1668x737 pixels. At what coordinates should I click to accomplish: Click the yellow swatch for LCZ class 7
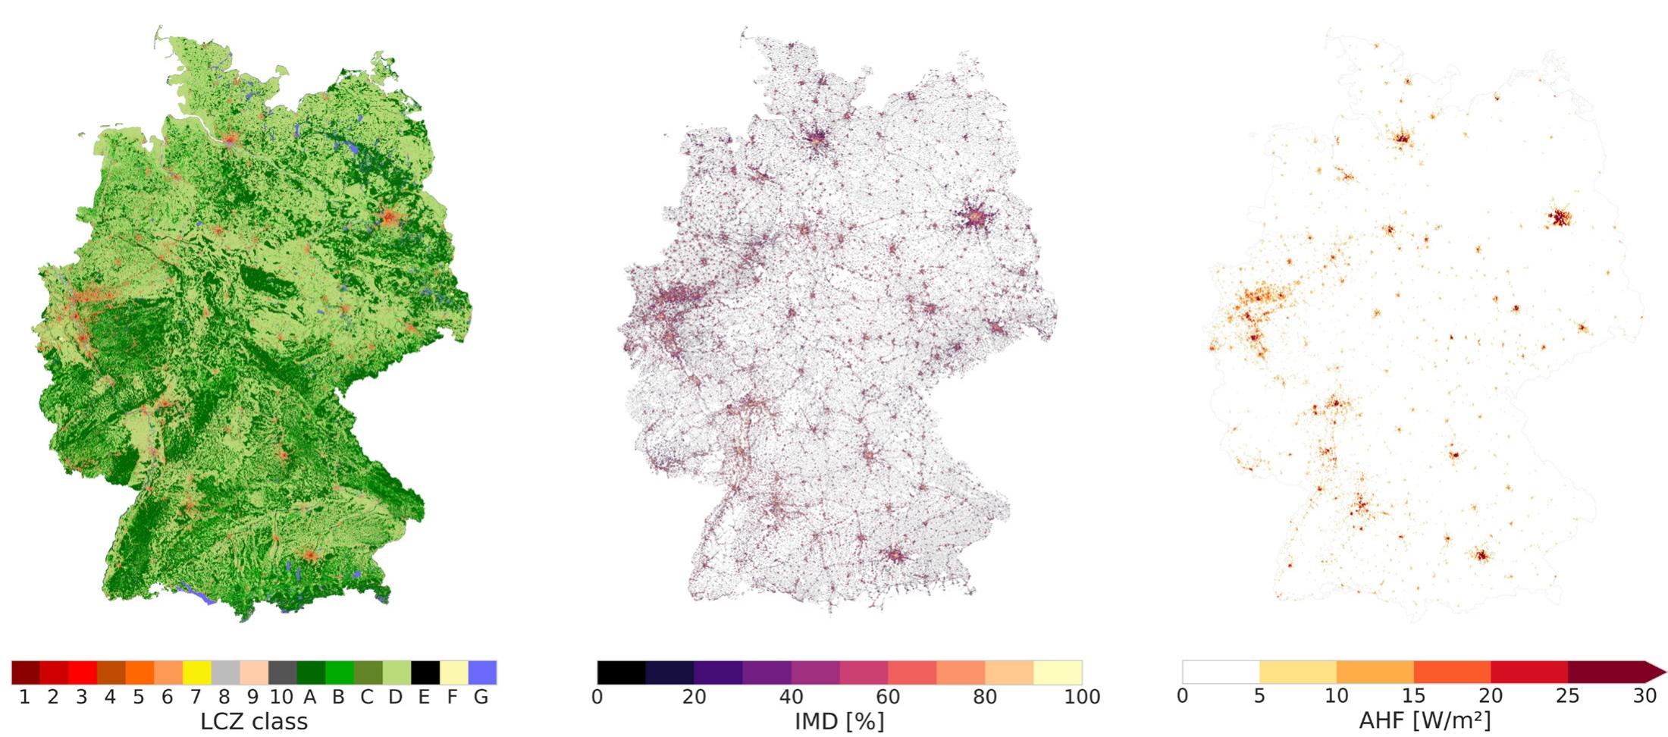click(196, 673)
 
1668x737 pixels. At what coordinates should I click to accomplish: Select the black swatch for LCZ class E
click(425, 673)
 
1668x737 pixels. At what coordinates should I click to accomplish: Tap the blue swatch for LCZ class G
click(482, 673)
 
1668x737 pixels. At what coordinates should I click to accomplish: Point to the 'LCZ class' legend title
click(254, 721)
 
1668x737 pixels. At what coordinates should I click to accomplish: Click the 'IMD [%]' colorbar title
click(839, 721)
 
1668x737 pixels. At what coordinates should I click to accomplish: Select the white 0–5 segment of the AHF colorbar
click(1221, 673)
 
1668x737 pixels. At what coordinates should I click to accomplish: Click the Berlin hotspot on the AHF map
click(1560, 218)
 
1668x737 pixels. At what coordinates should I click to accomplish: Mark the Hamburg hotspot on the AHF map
click(1402, 139)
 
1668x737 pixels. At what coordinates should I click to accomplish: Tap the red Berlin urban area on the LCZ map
click(390, 218)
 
